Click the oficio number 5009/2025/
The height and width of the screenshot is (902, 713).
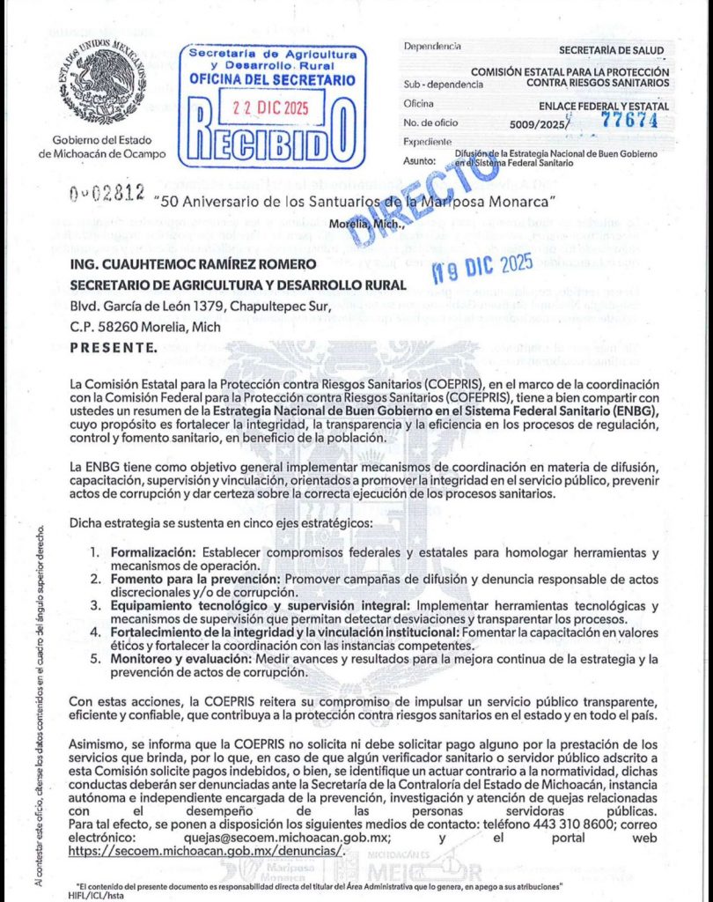click(538, 123)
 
